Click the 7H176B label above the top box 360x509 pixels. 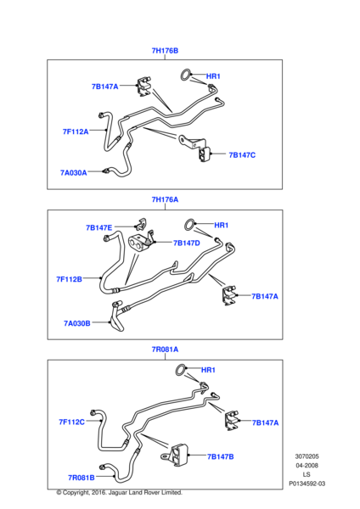click(165, 51)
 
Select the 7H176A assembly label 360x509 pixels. click(165, 199)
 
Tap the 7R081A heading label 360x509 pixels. click(165, 350)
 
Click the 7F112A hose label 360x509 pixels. click(76, 131)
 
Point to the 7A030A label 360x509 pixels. click(73, 173)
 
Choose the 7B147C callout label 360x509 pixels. click(242, 155)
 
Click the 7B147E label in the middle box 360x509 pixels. click(98, 227)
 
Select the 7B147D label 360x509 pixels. click(187, 243)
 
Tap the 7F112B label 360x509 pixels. click(69, 279)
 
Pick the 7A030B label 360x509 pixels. click(77, 323)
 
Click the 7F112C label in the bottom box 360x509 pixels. click(71, 422)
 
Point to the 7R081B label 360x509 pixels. click(82, 478)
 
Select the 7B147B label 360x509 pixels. click(220, 456)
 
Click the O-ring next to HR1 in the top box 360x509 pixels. click(185, 70)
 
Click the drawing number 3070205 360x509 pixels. click(307, 456)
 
